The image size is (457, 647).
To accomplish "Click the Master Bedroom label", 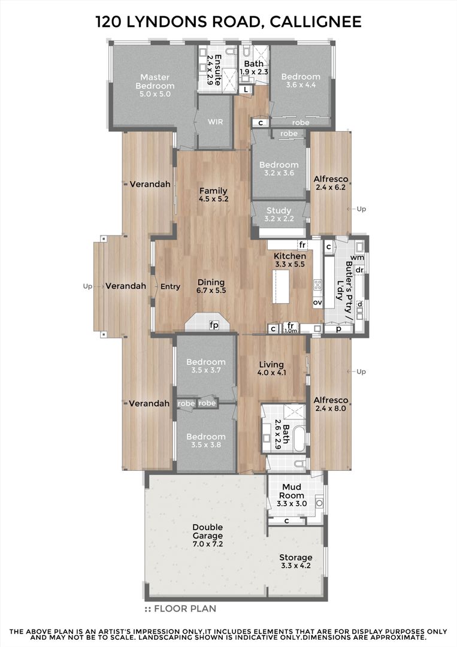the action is [155, 85].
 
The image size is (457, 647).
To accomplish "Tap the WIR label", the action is [215, 122].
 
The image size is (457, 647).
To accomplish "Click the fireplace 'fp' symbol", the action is [214, 325].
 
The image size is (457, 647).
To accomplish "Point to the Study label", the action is [279, 214].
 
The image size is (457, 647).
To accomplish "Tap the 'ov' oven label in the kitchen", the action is [317, 303].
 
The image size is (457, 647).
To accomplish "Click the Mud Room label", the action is [292, 495].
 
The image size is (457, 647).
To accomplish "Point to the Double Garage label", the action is [207, 536].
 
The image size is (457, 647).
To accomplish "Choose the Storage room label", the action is [296, 561].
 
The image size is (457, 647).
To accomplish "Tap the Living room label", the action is [271, 368].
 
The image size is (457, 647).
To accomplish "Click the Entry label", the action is [170, 286].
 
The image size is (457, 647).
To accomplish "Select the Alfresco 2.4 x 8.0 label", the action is [331, 404].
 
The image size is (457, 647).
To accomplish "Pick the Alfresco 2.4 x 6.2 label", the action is [331, 183].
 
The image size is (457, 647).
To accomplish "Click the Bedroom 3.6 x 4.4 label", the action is [301, 80].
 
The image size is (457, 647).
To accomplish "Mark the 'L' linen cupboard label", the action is [246, 89].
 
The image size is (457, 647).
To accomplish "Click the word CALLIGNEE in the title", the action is [316, 22].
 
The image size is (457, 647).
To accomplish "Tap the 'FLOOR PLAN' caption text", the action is [185, 609].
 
